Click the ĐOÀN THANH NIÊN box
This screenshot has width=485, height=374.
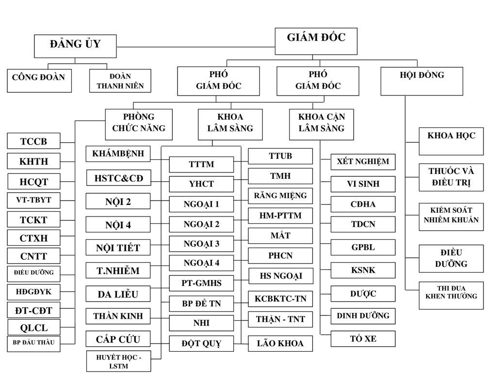pos(120,80)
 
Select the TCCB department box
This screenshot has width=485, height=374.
pos(33,141)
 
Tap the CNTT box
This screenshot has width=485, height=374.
pos(33,255)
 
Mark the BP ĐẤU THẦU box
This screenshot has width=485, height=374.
pos(33,343)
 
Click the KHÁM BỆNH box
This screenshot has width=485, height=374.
pos(118,154)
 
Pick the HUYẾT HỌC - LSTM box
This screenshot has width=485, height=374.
pos(118,361)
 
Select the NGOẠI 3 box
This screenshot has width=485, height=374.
pos(201,244)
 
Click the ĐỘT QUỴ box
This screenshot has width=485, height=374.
pos(201,343)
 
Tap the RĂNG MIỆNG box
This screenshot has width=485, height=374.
pos(280,196)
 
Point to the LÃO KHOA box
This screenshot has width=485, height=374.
pos(280,343)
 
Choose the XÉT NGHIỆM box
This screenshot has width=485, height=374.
pos(363,162)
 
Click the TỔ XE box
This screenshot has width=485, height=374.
pos(363,339)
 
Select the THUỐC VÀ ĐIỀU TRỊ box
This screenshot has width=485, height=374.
pos(451,177)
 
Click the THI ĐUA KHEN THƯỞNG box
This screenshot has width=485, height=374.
pos(451,295)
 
